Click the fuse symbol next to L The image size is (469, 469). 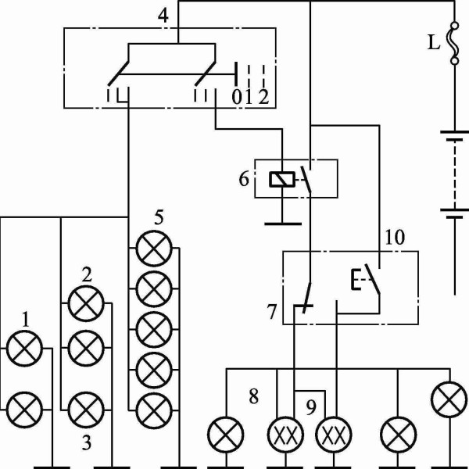point(455,43)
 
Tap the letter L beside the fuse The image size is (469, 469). point(435,42)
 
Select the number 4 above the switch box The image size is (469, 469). point(163,16)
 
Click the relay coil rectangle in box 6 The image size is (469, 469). point(282,180)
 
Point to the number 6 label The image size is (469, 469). point(244,179)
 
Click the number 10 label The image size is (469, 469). point(395,238)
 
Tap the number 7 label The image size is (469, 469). point(271,312)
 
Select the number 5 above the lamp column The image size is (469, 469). point(159,217)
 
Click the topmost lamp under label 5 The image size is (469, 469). point(154,249)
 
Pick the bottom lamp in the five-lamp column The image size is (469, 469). point(154,410)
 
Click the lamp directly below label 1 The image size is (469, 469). point(24,349)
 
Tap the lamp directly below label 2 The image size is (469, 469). point(86,303)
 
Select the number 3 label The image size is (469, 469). point(87,443)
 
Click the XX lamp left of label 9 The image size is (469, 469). point(285,435)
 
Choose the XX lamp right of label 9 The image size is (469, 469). point(334,435)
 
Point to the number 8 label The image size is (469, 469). point(253,397)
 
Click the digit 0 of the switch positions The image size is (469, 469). point(237,97)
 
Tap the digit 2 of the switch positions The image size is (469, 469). point(264,97)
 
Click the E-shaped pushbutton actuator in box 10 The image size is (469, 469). point(356,279)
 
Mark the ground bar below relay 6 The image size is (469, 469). point(283,224)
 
